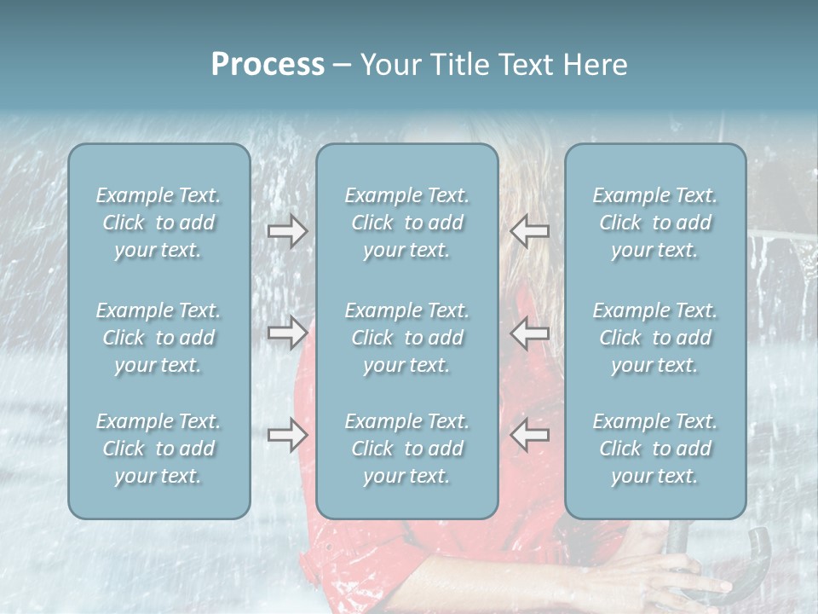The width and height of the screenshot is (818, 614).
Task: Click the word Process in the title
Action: (x=268, y=65)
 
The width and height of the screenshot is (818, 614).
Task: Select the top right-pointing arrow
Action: (x=287, y=231)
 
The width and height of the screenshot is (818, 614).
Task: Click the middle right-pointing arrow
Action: (x=287, y=332)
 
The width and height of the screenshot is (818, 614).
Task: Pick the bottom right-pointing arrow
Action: (x=287, y=435)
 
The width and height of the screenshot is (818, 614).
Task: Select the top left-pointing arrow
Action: (x=529, y=231)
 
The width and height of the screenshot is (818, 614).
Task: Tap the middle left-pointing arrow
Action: (x=529, y=332)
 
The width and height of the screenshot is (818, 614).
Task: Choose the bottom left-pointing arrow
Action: (x=529, y=435)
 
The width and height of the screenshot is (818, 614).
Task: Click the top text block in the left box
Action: (x=158, y=223)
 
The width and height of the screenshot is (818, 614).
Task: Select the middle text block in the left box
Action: (x=158, y=338)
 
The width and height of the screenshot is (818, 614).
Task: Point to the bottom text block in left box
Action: (x=158, y=449)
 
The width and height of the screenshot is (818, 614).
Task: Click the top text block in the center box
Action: (x=407, y=223)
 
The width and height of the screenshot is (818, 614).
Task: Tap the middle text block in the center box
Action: (x=407, y=338)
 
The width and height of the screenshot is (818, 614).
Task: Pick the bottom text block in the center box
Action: (x=407, y=449)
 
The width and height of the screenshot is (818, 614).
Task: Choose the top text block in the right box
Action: (x=655, y=223)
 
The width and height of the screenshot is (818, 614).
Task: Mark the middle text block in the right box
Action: (x=655, y=338)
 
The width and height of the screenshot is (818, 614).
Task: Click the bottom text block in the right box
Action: (x=655, y=449)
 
